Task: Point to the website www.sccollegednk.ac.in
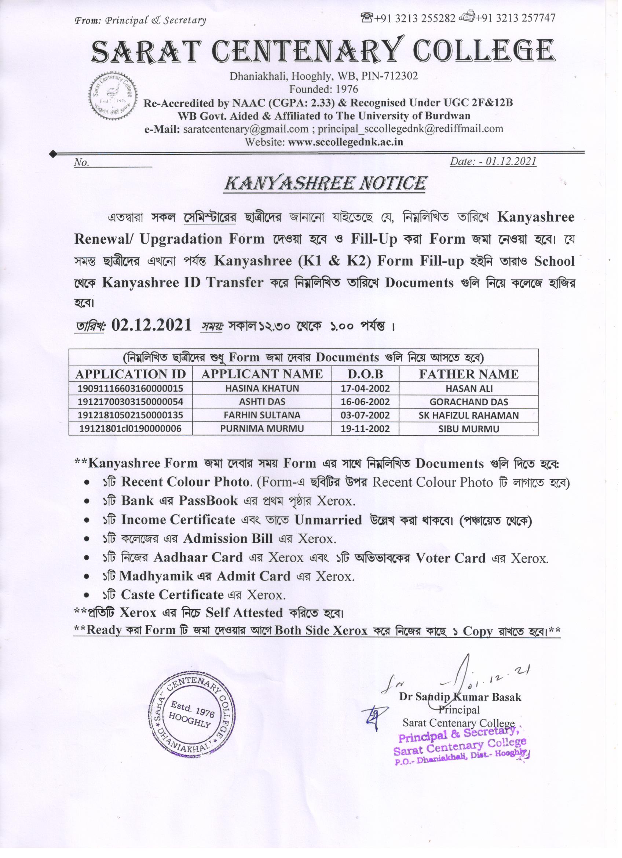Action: pyautogui.click(x=345, y=142)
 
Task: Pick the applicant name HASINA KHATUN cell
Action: pyautogui.click(x=261, y=388)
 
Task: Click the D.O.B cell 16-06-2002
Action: pyautogui.click(x=365, y=402)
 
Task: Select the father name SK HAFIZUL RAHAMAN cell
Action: pyautogui.click(x=468, y=415)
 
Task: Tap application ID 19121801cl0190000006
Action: pyautogui.click(x=130, y=429)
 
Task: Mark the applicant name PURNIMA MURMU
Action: pyautogui.click(x=261, y=429)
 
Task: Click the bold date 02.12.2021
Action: pyautogui.click(x=151, y=325)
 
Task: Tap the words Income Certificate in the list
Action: pyautogui.click(x=178, y=520)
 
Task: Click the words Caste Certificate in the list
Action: pyautogui.click(x=172, y=595)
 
